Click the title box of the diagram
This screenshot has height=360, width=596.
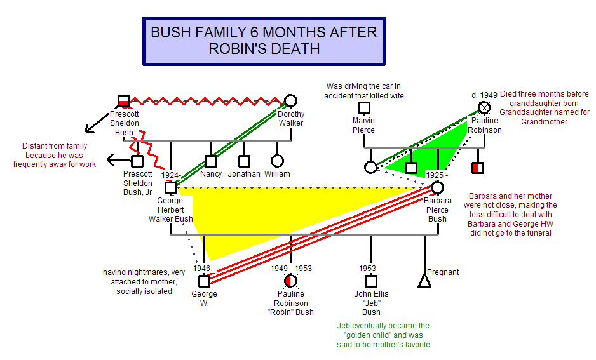[x=264, y=41]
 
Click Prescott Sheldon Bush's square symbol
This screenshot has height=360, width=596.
[x=124, y=102]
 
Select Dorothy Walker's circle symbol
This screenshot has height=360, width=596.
[x=291, y=100]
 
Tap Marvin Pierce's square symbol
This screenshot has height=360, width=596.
[x=364, y=108]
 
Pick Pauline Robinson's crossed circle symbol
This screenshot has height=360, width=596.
[x=484, y=108]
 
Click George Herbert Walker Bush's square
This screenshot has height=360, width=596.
[x=171, y=187]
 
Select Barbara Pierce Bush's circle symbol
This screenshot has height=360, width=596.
[x=438, y=187]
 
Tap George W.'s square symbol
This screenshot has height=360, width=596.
[x=204, y=281]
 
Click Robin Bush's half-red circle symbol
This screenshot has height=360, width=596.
[x=291, y=281]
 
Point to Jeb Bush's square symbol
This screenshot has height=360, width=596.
[x=371, y=281]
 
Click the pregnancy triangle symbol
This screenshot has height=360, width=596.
[x=424, y=281]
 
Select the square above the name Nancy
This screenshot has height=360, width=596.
[x=210, y=161]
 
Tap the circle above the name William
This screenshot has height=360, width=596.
[x=277, y=161]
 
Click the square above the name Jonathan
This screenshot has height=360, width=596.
[x=244, y=161]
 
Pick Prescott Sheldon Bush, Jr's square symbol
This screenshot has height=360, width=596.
[x=137, y=161]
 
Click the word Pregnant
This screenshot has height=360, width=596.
[x=443, y=272]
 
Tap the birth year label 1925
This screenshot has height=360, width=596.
[x=435, y=175]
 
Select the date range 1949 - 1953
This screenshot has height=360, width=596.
[x=291, y=269]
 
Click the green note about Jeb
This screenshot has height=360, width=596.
[x=383, y=335]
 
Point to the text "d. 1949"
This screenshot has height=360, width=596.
[x=484, y=95]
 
